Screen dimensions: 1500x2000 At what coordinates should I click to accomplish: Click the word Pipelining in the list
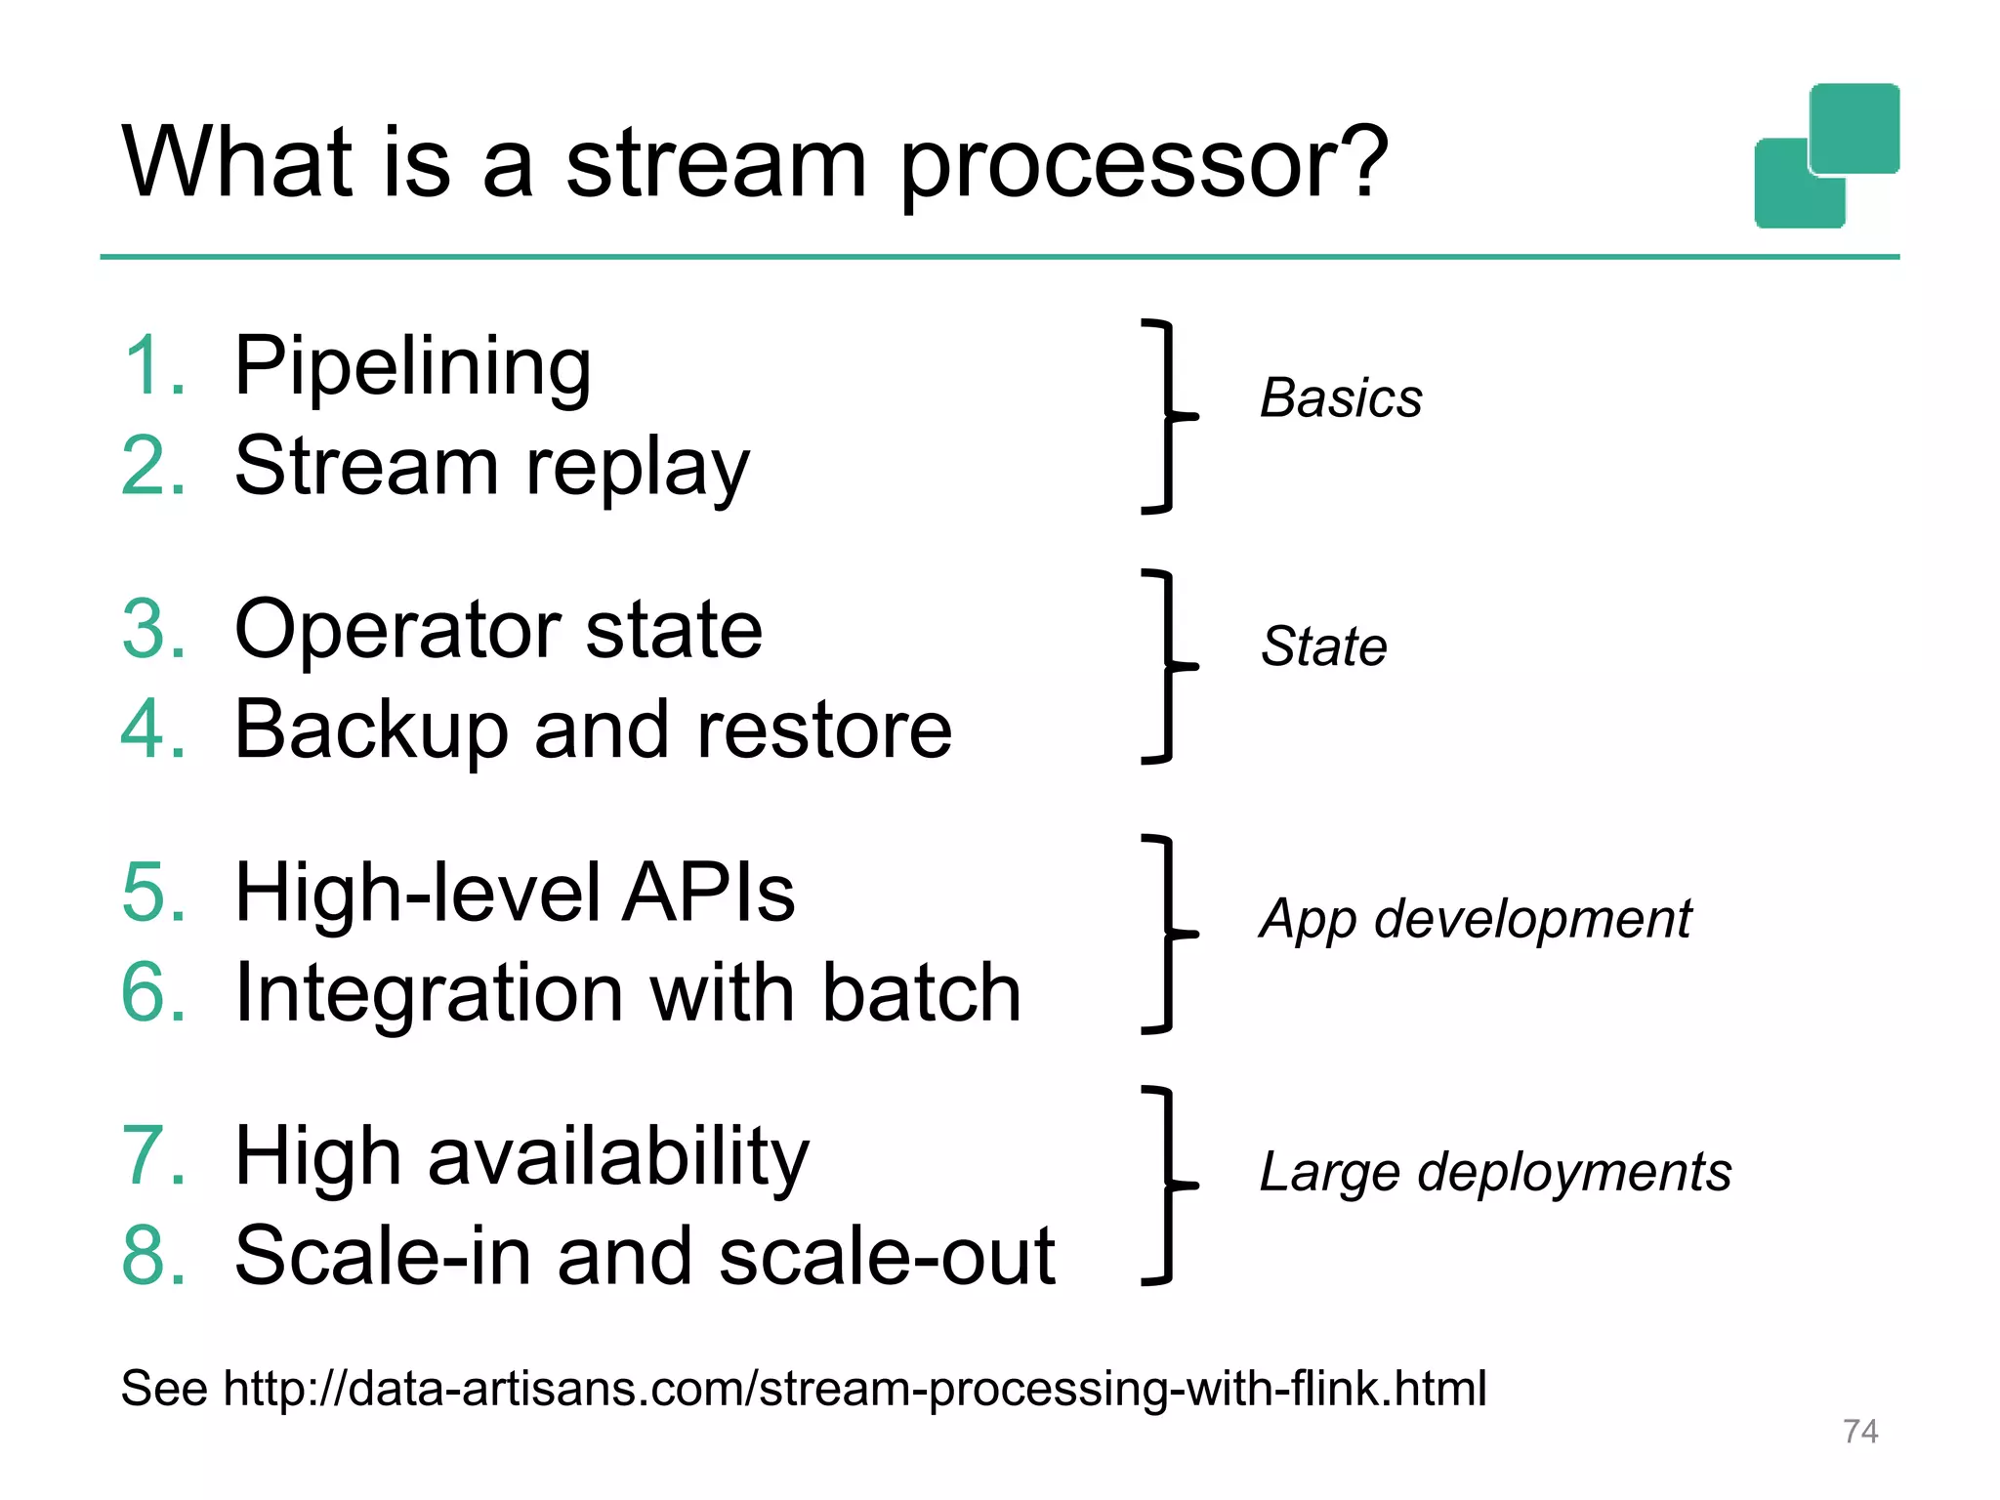click(x=412, y=367)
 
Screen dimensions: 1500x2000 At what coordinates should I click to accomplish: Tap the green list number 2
click(x=152, y=467)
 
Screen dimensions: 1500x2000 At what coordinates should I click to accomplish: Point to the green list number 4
click(x=152, y=729)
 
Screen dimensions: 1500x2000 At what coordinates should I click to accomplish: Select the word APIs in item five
click(x=709, y=893)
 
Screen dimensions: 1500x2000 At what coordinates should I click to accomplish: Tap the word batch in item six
click(x=921, y=993)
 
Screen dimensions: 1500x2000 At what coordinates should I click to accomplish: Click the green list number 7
click(x=152, y=1156)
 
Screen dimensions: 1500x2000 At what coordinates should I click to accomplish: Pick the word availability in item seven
click(x=618, y=1158)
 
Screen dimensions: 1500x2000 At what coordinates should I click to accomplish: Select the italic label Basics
click(x=1341, y=398)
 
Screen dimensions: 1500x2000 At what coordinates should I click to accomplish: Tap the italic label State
click(x=1323, y=646)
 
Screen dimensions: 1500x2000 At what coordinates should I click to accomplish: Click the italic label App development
click(x=1475, y=920)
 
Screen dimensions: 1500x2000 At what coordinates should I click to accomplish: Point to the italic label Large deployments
click(x=1495, y=1172)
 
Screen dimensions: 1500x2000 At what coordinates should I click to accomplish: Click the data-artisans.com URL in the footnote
click(x=854, y=1389)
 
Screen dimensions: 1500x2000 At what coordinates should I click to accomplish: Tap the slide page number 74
click(x=1859, y=1432)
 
